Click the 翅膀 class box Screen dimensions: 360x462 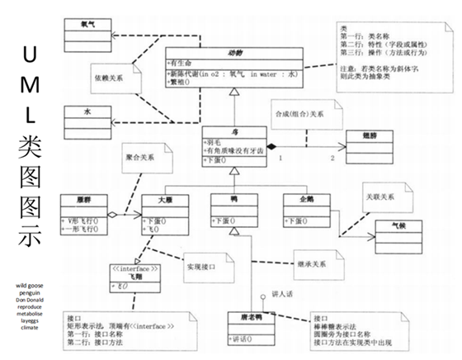pyautogui.click(x=375, y=135)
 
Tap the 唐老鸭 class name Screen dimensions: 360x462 pyautogui.click(x=249, y=318)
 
